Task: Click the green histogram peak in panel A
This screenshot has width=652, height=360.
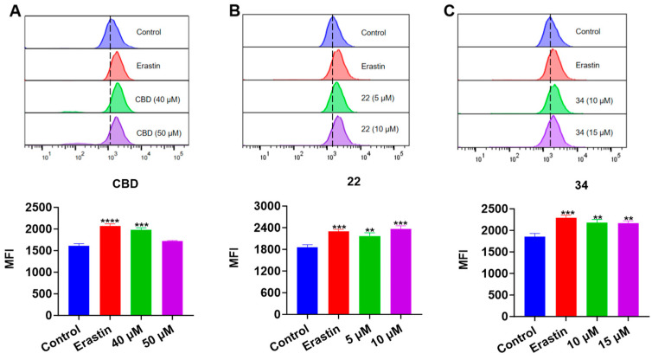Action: tap(116, 94)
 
